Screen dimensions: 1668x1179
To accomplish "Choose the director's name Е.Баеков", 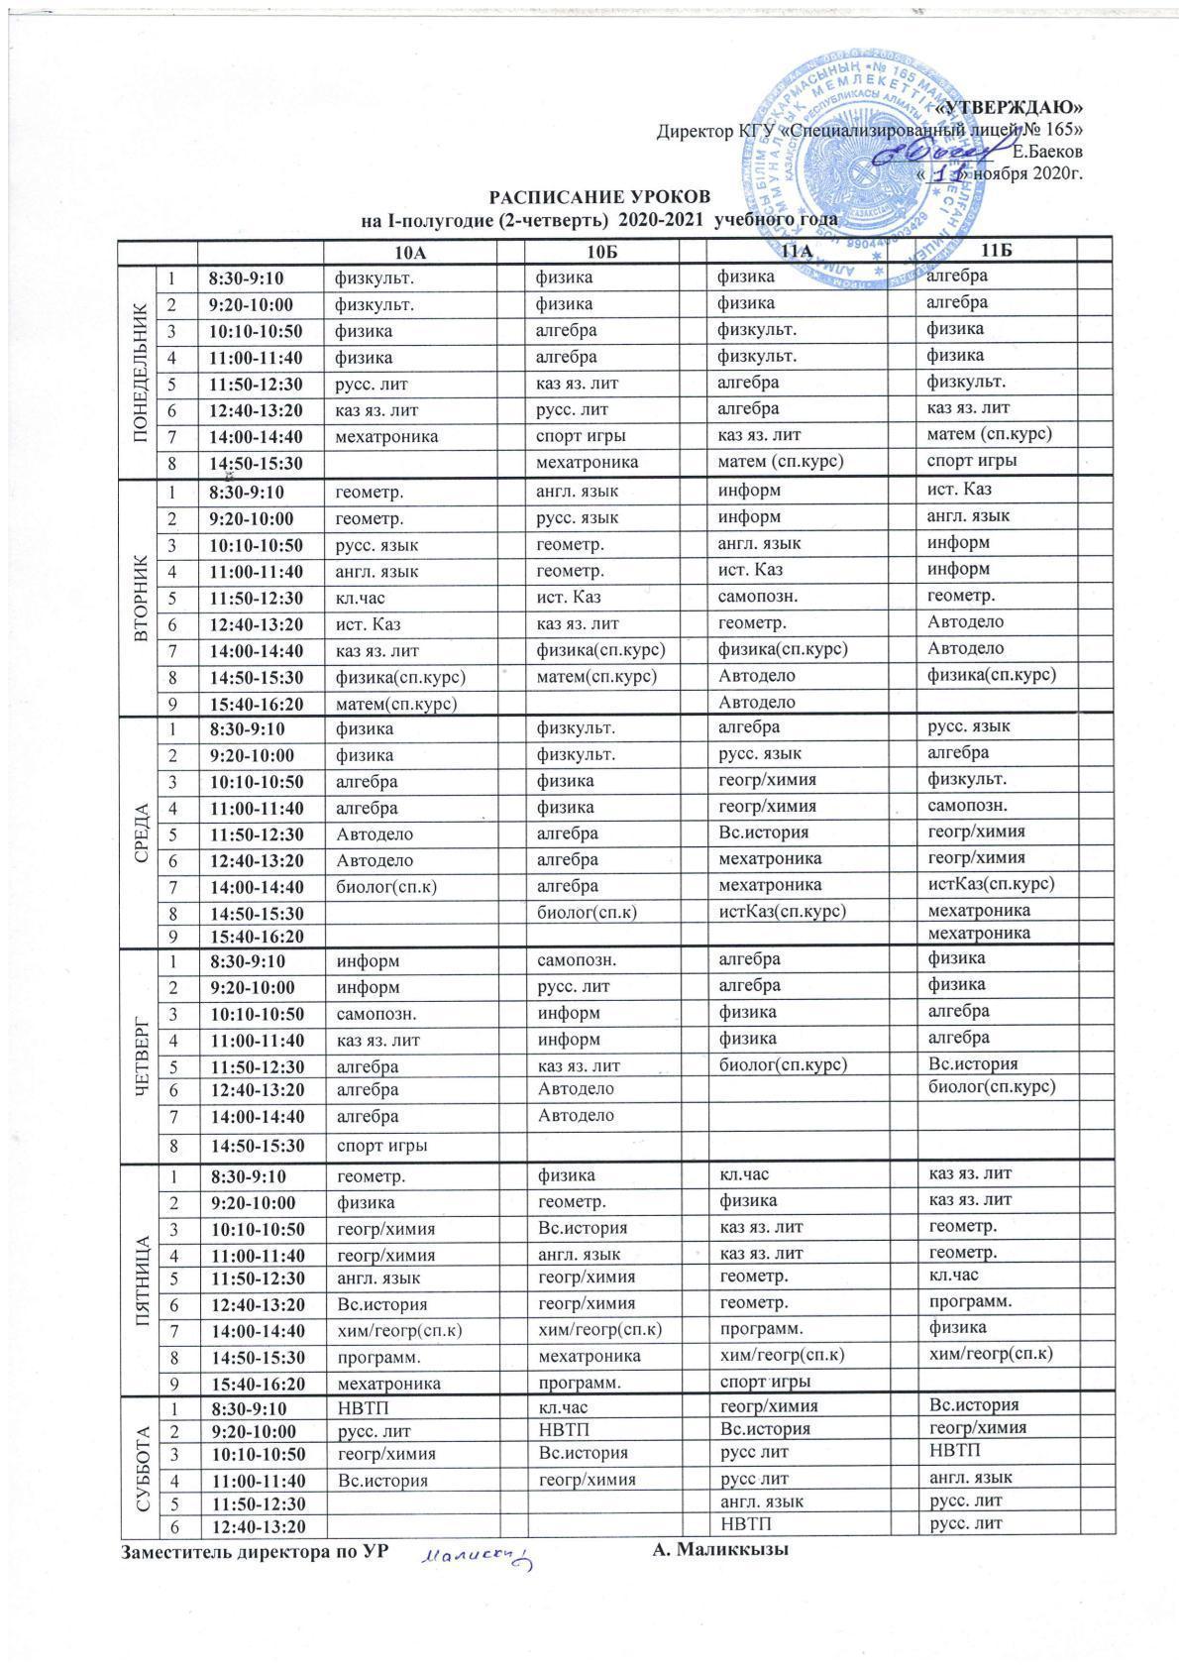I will [x=1047, y=152].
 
